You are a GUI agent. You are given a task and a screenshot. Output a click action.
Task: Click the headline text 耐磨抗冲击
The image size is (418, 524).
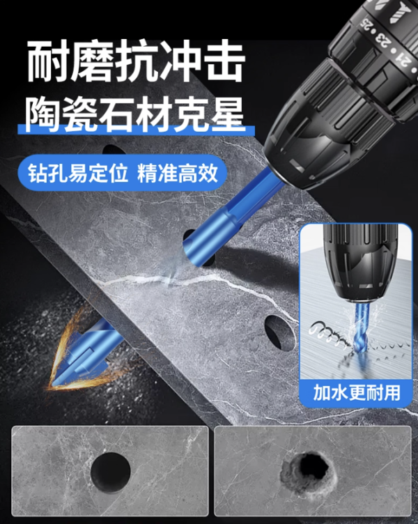pyautogui.click(x=135, y=61)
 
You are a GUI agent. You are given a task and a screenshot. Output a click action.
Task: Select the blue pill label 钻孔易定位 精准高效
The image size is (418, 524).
pyautogui.click(x=123, y=173)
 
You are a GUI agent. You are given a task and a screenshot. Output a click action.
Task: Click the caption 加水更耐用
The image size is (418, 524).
pyautogui.click(x=357, y=393)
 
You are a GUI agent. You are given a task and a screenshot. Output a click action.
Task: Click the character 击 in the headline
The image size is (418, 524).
pyautogui.click(x=224, y=61)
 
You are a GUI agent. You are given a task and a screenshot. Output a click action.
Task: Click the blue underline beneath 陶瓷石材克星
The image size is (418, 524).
pyautogui.click(x=137, y=130)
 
